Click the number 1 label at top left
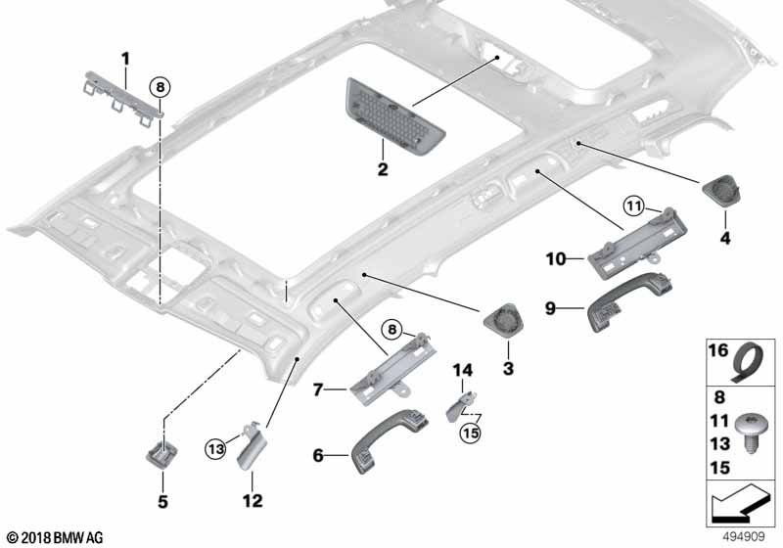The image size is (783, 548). click(x=125, y=58)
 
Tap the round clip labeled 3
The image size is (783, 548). click(x=504, y=322)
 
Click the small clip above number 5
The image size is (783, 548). click(x=159, y=452)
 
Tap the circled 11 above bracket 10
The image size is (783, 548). click(x=634, y=205)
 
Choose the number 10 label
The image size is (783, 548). click(x=557, y=259)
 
